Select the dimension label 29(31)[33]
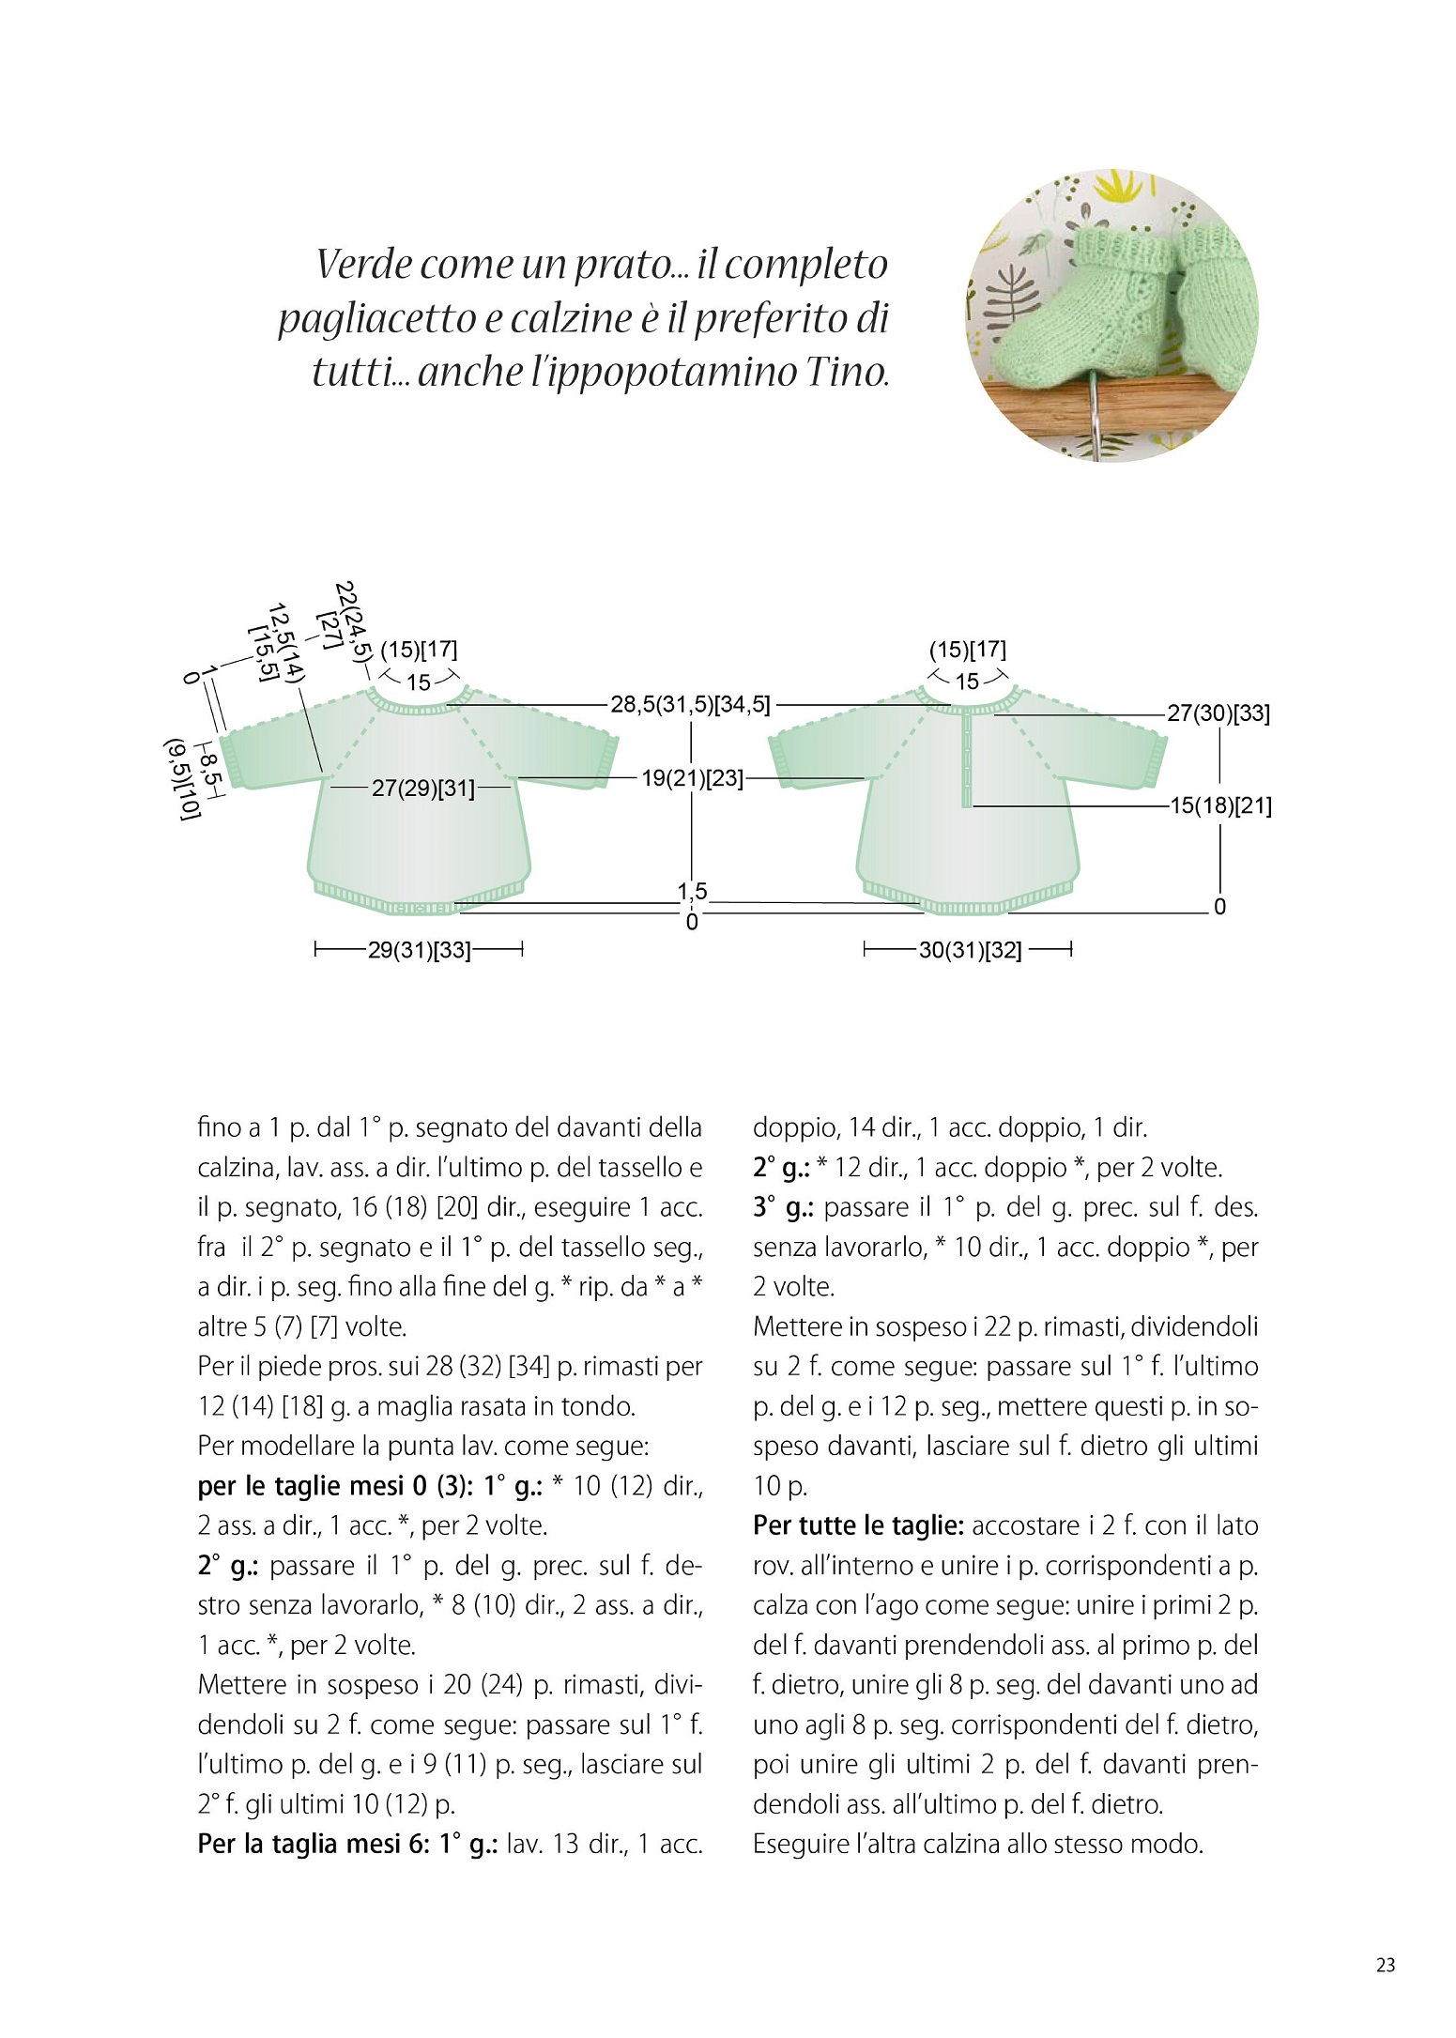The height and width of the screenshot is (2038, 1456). pyautogui.click(x=419, y=950)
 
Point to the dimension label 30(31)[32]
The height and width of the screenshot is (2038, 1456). pyautogui.click(x=969, y=950)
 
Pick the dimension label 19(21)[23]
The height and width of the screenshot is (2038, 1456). pyautogui.click(x=692, y=778)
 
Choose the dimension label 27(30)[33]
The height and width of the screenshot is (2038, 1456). pyautogui.click(x=1218, y=713)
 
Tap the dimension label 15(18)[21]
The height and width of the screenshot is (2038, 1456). pyautogui.click(x=1219, y=806)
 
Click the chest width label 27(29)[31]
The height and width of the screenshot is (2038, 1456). pyautogui.click(x=422, y=788)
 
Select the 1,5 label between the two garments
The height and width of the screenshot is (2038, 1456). pyautogui.click(x=693, y=891)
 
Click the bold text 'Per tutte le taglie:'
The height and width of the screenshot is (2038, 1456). pyautogui.click(x=858, y=1525)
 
